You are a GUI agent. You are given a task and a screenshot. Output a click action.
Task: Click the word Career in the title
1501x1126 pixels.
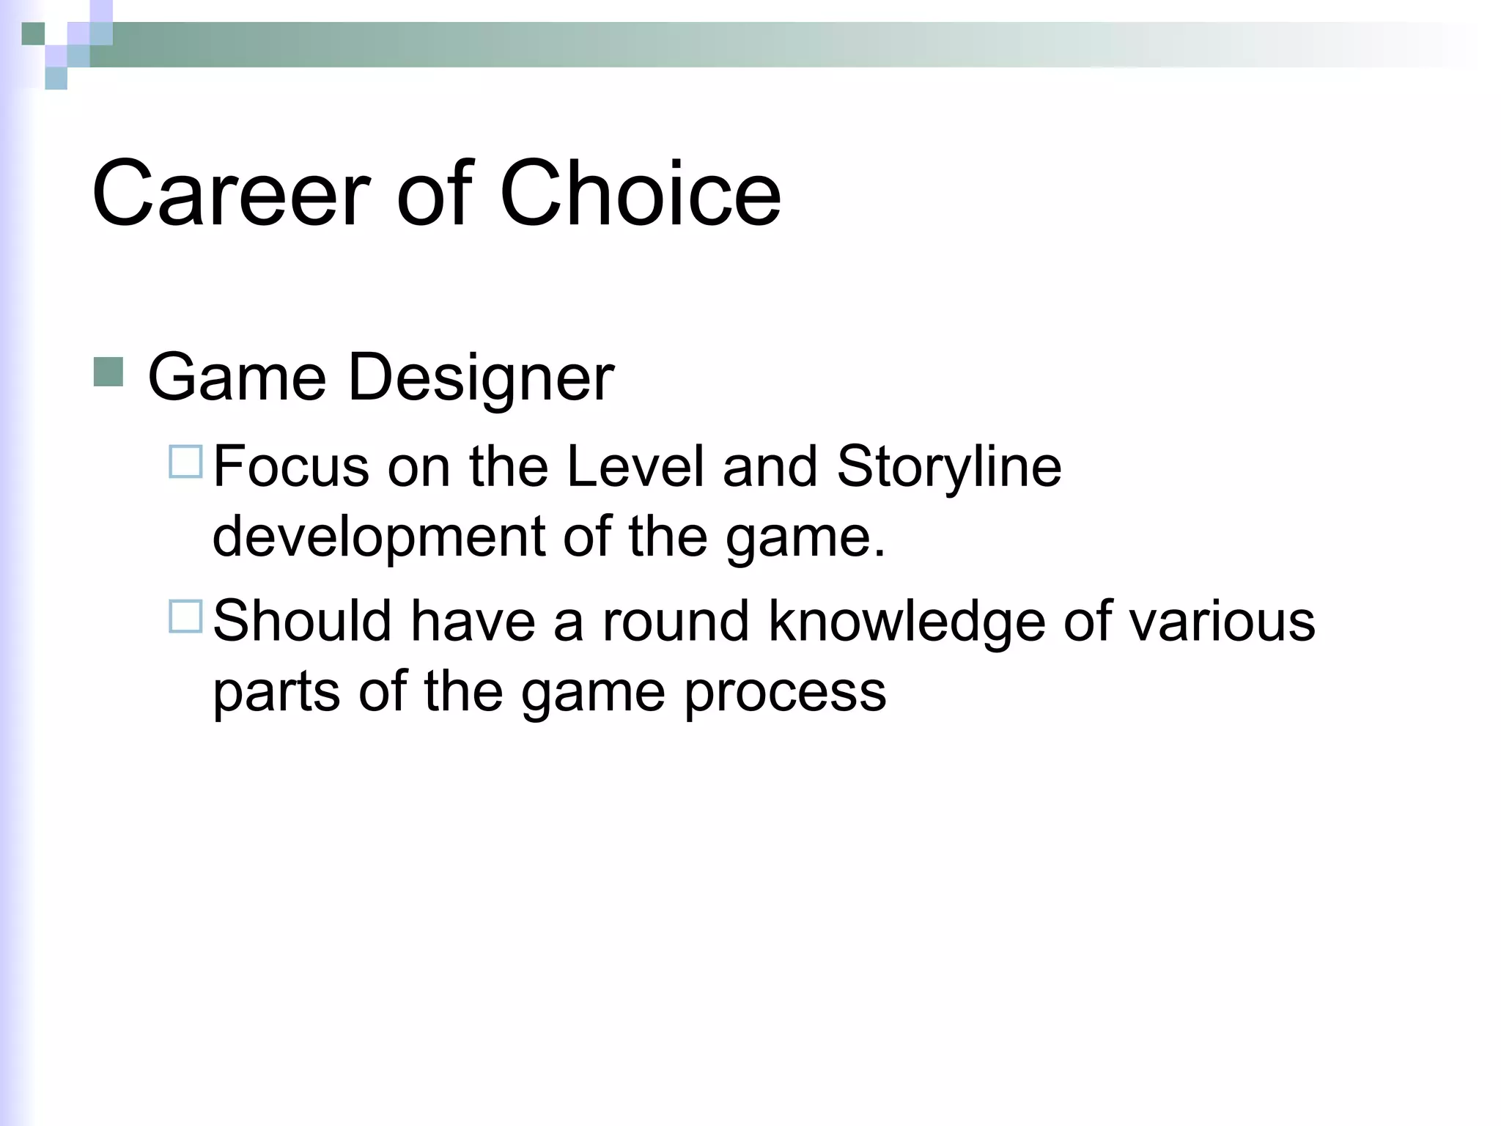click(231, 194)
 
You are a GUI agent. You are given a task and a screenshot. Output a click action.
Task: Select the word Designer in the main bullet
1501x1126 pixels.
click(481, 378)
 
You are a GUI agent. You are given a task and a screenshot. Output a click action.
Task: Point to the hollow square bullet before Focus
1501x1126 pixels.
click(185, 462)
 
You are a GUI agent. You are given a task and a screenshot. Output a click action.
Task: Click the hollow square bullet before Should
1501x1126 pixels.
click(185, 617)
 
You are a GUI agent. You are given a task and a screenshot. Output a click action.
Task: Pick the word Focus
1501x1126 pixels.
click(291, 467)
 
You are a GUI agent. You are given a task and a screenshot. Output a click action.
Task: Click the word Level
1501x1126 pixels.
click(635, 467)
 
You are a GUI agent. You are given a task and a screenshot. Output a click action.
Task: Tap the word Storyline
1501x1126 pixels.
click(949, 467)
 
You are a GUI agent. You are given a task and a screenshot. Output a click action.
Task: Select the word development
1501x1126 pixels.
click(378, 537)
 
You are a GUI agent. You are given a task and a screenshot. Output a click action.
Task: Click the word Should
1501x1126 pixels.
click(303, 622)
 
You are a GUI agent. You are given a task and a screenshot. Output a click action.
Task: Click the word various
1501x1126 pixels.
click(1222, 622)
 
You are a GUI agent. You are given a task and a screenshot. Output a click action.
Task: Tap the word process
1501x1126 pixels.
click(785, 692)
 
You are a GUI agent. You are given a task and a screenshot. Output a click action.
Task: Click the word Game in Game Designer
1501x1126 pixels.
click(237, 378)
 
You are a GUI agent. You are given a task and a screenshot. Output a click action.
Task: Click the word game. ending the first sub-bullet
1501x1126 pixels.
click(805, 537)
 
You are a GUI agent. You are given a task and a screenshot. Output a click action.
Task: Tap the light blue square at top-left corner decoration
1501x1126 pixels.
click(56, 78)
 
